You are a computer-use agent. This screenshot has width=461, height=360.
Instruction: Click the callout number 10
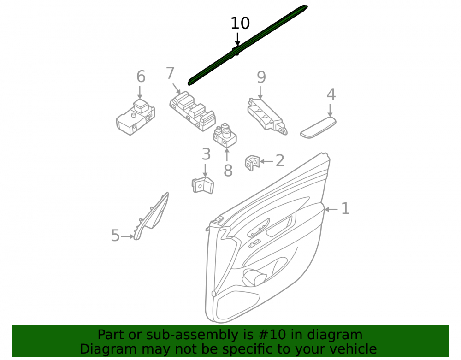[240, 23]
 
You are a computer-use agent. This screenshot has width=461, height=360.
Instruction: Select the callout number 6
[141, 77]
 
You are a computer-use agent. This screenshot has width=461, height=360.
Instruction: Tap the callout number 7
[170, 73]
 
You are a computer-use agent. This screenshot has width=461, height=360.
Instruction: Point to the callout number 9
[261, 77]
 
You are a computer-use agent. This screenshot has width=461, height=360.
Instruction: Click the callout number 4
[331, 94]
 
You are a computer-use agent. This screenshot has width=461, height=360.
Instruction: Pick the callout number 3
[206, 154]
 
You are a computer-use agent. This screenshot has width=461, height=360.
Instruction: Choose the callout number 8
[228, 171]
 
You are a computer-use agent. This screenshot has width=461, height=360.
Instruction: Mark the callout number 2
[280, 160]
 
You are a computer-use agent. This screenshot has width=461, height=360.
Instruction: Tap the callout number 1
[345, 209]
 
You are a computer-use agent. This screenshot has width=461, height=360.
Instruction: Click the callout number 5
[115, 236]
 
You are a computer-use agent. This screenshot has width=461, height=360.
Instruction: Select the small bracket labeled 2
[253, 163]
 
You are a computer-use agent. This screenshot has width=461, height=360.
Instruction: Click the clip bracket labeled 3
[203, 185]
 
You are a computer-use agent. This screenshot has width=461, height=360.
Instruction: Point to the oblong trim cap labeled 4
[318, 127]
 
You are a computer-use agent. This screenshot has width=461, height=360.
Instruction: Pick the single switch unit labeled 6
[136, 117]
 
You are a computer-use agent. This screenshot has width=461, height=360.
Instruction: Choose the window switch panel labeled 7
[192, 111]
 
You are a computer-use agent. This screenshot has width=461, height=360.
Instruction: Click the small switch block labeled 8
[225, 136]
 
